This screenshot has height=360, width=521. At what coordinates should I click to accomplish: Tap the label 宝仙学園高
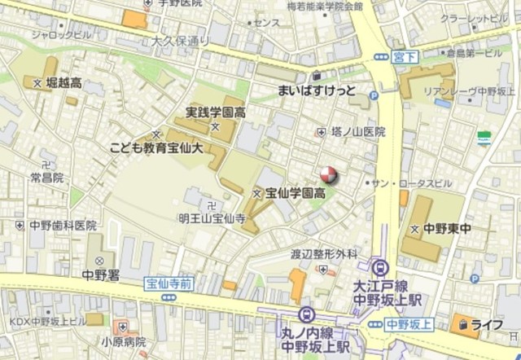tap(296, 194)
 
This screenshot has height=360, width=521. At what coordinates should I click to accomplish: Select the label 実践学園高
tap(215, 112)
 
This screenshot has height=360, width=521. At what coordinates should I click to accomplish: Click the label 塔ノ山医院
tap(358, 131)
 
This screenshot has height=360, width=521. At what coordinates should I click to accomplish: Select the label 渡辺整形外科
tap(324, 254)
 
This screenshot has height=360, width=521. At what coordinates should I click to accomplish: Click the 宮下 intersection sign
tap(403, 56)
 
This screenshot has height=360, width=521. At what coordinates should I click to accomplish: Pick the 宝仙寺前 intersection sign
tap(169, 283)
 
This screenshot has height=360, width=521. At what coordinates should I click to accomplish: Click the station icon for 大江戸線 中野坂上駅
tap(379, 266)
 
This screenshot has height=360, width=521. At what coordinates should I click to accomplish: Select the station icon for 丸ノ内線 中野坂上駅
tap(306, 314)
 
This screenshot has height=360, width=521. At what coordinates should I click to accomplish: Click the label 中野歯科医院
tap(63, 226)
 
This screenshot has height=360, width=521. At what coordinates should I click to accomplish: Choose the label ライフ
tap(486, 325)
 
